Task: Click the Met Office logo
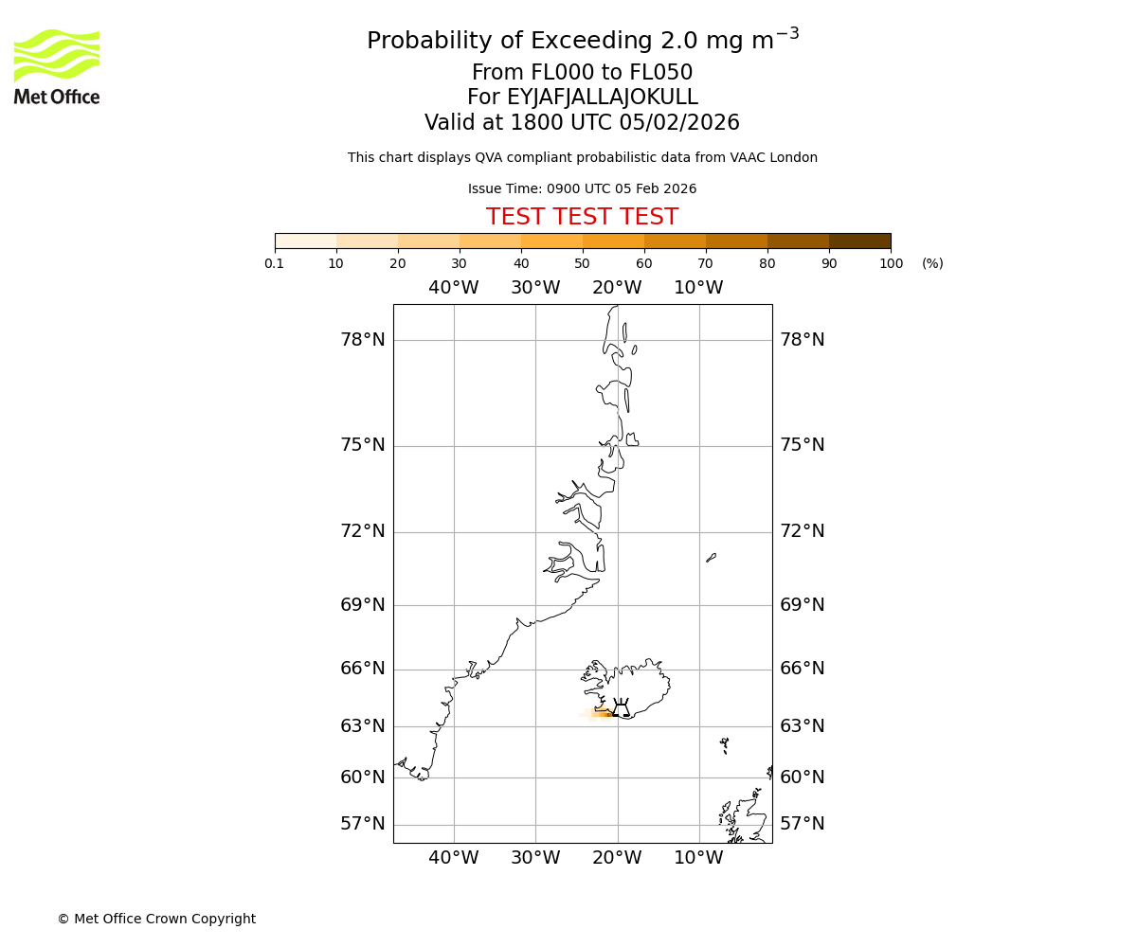click(x=57, y=66)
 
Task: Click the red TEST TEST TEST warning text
click(x=582, y=217)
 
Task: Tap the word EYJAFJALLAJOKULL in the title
click(x=603, y=98)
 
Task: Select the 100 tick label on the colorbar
click(x=891, y=263)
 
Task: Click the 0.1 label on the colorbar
click(x=275, y=263)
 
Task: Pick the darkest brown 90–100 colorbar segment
click(x=859, y=241)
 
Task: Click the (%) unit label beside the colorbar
click(x=932, y=263)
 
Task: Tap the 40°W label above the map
click(x=454, y=288)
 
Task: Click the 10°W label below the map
click(x=698, y=858)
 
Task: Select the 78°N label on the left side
click(x=363, y=340)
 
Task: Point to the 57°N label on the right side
click(x=803, y=824)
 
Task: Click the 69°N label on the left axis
click(x=363, y=604)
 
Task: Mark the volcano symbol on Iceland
click(x=621, y=707)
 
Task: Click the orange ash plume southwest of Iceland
click(x=601, y=714)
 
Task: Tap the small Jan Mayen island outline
click(x=711, y=558)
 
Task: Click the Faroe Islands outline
click(x=725, y=744)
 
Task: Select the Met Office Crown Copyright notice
click(x=156, y=919)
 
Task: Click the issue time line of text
click(x=582, y=188)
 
